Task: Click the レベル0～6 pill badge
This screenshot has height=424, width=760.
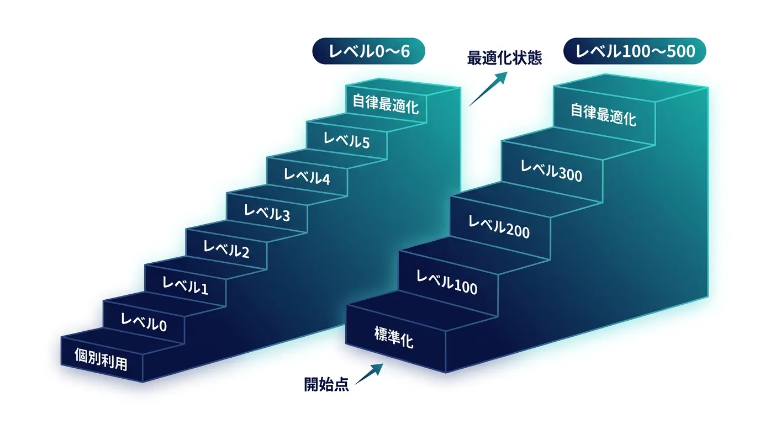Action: coord(368,51)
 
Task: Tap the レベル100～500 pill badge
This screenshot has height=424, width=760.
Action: coord(635,51)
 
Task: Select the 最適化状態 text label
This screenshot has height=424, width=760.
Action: coord(504,57)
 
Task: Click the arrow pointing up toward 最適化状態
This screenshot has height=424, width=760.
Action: coord(488,89)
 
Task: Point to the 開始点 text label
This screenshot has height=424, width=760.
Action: coord(326,384)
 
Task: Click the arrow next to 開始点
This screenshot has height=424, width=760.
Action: coord(369,374)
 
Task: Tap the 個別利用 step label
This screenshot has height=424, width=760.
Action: coord(101,359)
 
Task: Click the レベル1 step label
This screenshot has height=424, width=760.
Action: coord(185,285)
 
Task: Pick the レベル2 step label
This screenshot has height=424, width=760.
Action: coord(226,250)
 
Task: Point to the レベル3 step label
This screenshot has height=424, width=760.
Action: coord(267,213)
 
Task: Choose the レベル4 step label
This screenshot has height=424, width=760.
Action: coord(307,176)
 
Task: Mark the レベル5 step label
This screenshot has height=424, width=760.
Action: coord(346,140)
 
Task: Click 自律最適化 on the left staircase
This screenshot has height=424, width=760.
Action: coord(386,104)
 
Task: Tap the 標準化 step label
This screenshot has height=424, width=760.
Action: coord(394,337)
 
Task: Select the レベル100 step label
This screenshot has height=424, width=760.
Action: coord(447,282)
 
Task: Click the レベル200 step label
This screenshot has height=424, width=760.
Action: coord(499,227)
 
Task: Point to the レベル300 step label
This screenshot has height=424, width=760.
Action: coord(551,171)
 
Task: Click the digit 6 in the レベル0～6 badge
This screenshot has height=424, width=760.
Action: coord(405,51)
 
